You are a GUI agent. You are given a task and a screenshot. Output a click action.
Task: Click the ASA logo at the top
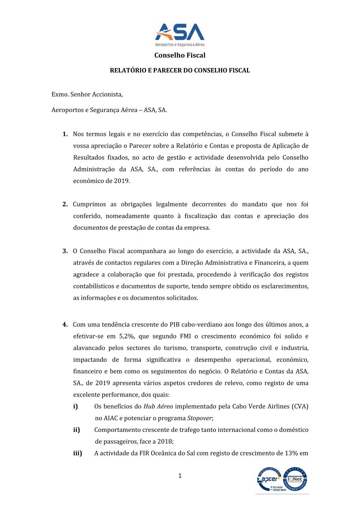pos(180,35)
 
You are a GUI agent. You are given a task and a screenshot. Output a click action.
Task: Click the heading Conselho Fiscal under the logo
pos(180,55)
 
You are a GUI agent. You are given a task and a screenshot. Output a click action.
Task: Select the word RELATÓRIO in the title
pos(128,71)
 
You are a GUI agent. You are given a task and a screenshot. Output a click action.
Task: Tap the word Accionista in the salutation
pos(107,94)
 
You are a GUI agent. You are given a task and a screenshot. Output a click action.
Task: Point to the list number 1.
pos(65,134)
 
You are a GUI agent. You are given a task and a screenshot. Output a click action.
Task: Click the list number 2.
pos(65,204)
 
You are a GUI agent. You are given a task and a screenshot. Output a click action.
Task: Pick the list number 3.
pos(65,251)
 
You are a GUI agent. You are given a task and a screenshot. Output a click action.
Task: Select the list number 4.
pos(65,325)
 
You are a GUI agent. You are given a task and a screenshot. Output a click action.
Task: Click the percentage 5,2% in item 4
pos(127,336)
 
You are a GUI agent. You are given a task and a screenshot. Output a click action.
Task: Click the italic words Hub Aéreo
pos(158,406)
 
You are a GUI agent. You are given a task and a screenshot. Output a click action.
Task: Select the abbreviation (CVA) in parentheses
pos(300,406)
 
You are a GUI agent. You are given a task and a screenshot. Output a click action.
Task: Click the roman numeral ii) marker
pos(77,430)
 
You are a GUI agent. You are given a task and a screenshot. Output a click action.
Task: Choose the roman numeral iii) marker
pos(78,453)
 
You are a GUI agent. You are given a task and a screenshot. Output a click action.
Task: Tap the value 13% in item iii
pos(291,453)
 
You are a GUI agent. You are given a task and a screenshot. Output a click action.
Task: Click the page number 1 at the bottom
pos(180,476)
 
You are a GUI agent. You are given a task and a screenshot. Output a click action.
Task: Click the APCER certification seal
pos(269,479)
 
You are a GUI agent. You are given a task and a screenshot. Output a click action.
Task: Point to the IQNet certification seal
pos(295,479)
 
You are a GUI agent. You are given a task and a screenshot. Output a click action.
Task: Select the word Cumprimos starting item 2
pos(89,204)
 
